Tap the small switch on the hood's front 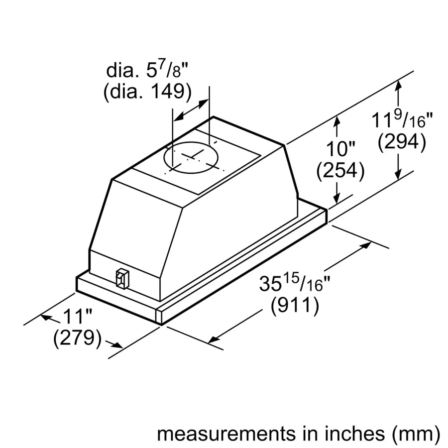coord(121,279)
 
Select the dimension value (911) coord(295,305)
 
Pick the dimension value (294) coord(401,142)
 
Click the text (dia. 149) coord(147,93)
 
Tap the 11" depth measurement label coord(78,316)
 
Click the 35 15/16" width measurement coord(295,284)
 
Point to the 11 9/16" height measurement coord(403,120)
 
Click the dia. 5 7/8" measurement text coord(148,70)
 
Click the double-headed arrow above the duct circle coord(190,109)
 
